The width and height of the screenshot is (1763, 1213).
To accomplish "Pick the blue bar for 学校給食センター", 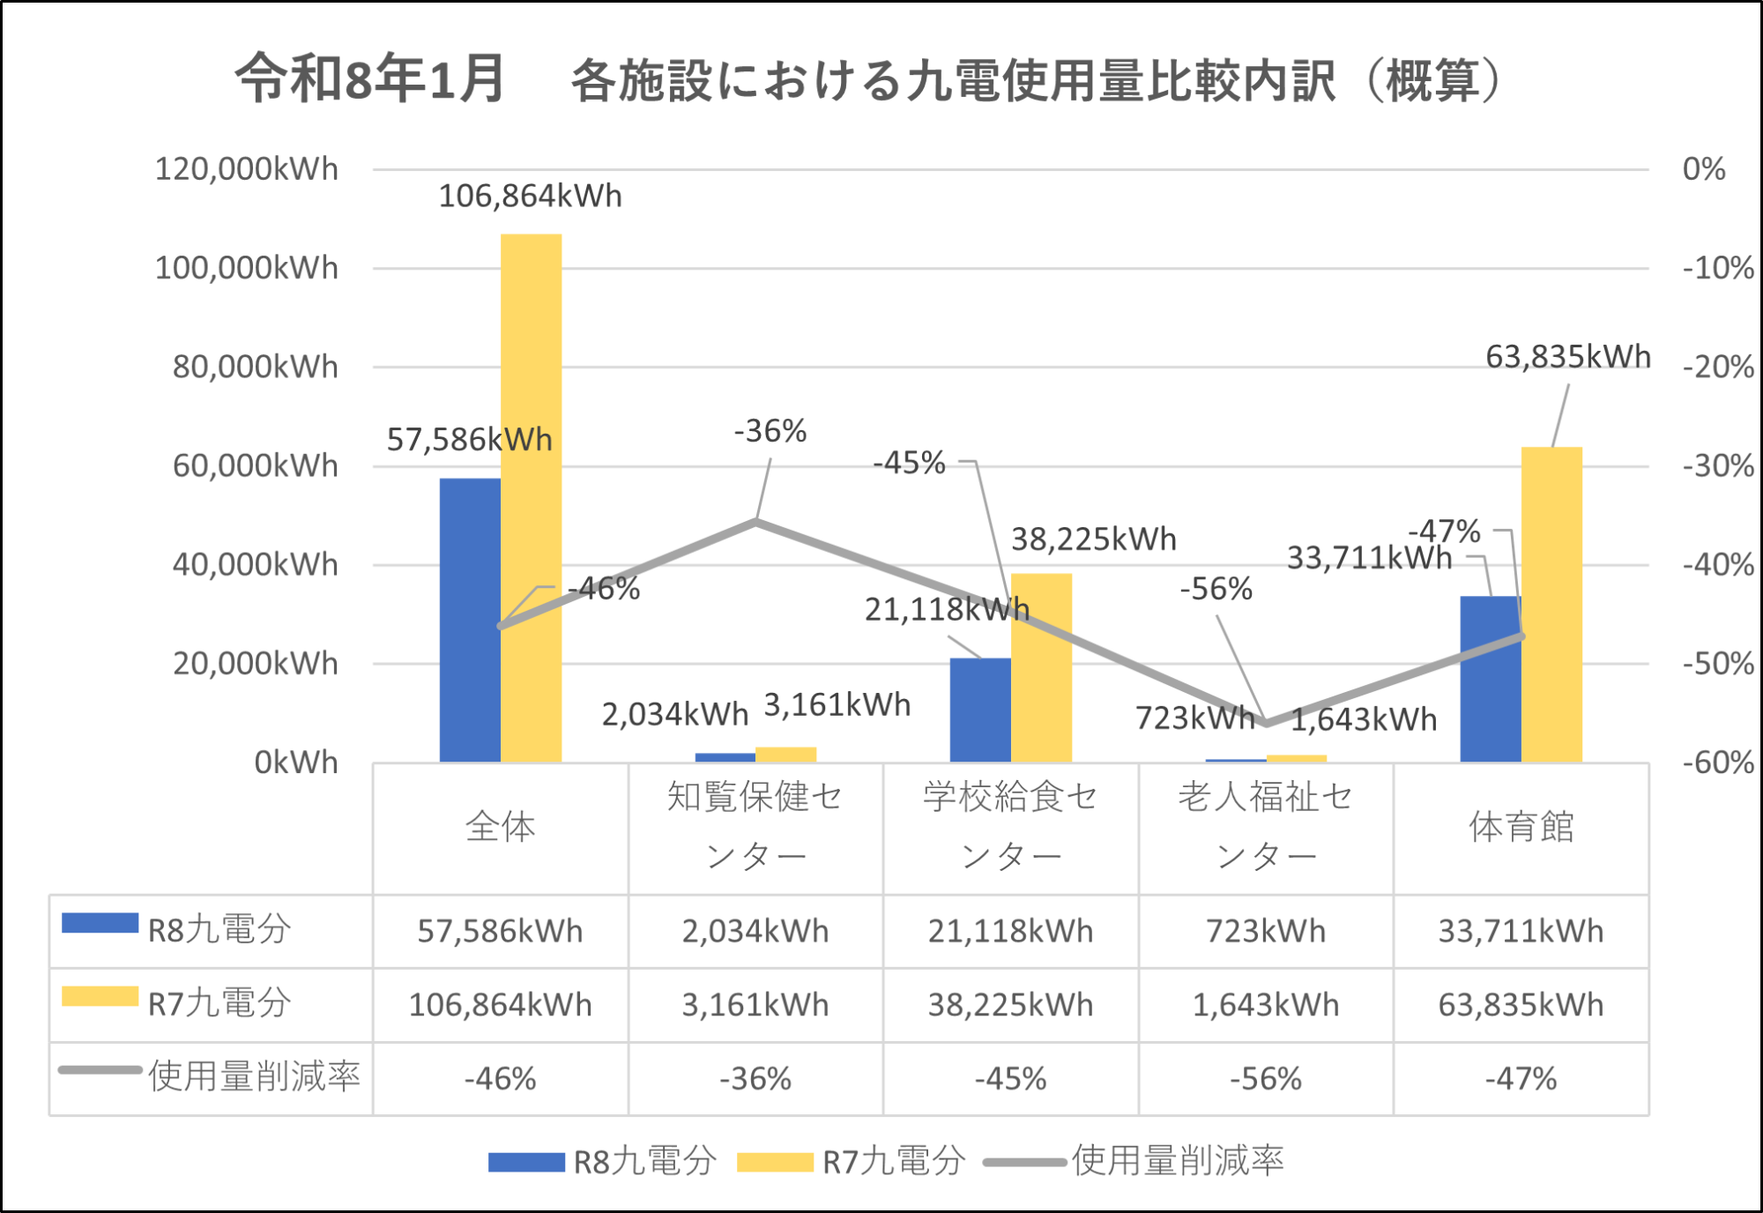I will point(979,710).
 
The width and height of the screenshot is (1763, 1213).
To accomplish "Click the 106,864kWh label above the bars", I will point(530,196).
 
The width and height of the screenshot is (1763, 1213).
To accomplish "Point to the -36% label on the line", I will point(770,431).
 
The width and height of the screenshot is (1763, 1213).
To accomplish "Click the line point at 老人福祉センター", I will point(1267,723).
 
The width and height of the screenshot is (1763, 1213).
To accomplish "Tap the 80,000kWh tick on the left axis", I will point(255,367).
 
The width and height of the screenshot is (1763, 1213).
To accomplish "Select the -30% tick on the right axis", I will point(1717,465).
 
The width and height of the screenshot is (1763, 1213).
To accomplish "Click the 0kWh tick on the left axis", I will point(295,762).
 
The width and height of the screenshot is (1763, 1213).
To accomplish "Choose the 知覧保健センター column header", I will point(755,826).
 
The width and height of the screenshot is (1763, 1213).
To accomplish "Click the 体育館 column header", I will point(1521,826).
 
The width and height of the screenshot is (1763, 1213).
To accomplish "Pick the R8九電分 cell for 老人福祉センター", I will point(1265,931).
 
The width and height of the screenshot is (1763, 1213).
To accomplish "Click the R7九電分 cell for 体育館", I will point(1521,1005).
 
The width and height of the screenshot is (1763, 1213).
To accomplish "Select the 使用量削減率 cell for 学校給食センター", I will point(1010,1078).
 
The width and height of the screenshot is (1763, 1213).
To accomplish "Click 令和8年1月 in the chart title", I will point(370,79).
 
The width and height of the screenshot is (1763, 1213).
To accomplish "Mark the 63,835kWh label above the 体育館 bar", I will point(1567,357).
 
